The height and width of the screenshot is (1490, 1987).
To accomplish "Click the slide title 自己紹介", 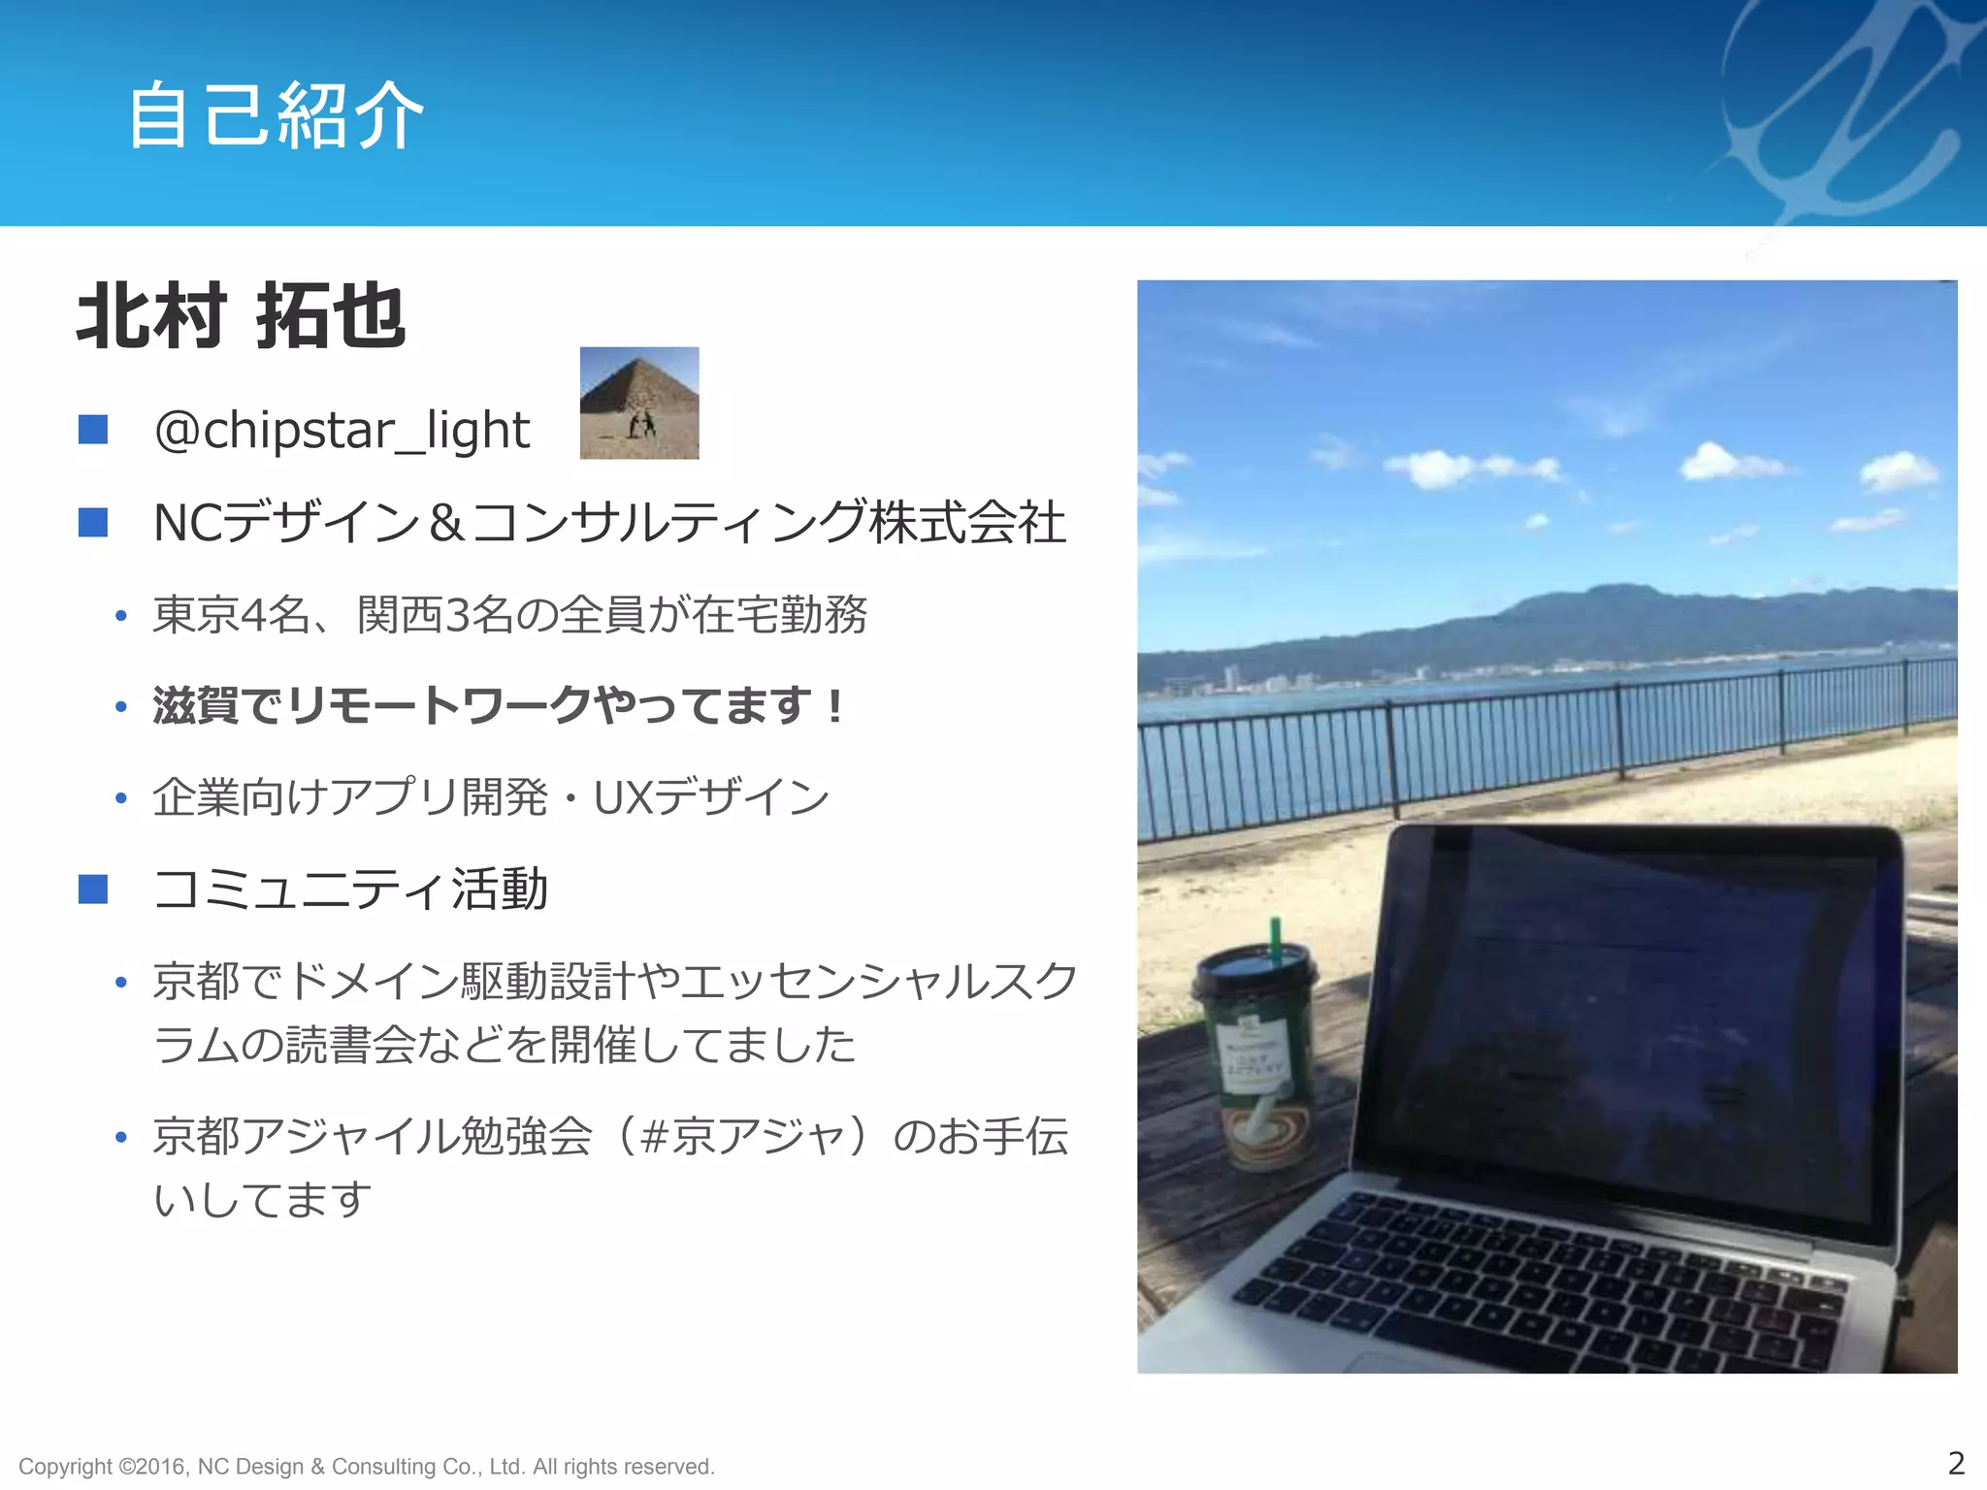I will click(x=276, y=116).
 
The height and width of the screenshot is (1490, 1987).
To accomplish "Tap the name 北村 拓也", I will click(x=241, y=316).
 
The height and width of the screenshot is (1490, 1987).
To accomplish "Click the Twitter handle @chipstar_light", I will click(x=342, y=430).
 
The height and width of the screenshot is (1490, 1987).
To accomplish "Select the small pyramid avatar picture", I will click(x=639, y=403).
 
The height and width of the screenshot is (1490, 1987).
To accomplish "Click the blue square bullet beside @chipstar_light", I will click(x=93, y=429).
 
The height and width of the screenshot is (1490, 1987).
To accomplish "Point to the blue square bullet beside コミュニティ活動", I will click(x=93, y=889).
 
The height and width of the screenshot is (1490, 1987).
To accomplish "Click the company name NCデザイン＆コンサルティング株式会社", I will click(x=609, y=523).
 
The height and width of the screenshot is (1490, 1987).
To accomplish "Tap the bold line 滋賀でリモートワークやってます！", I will click(x=501, y=705).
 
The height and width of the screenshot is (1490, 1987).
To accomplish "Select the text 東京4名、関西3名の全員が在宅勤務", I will click(x=510, y=614).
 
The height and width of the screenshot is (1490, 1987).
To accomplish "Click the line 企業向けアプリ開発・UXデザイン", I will click(x=491, y=797).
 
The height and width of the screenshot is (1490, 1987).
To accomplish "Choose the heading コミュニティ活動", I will click(x=351, y=889).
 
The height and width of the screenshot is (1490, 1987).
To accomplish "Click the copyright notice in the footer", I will click(x=367, y=1466).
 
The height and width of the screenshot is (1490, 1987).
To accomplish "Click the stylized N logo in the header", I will click(x=1843, y=107).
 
